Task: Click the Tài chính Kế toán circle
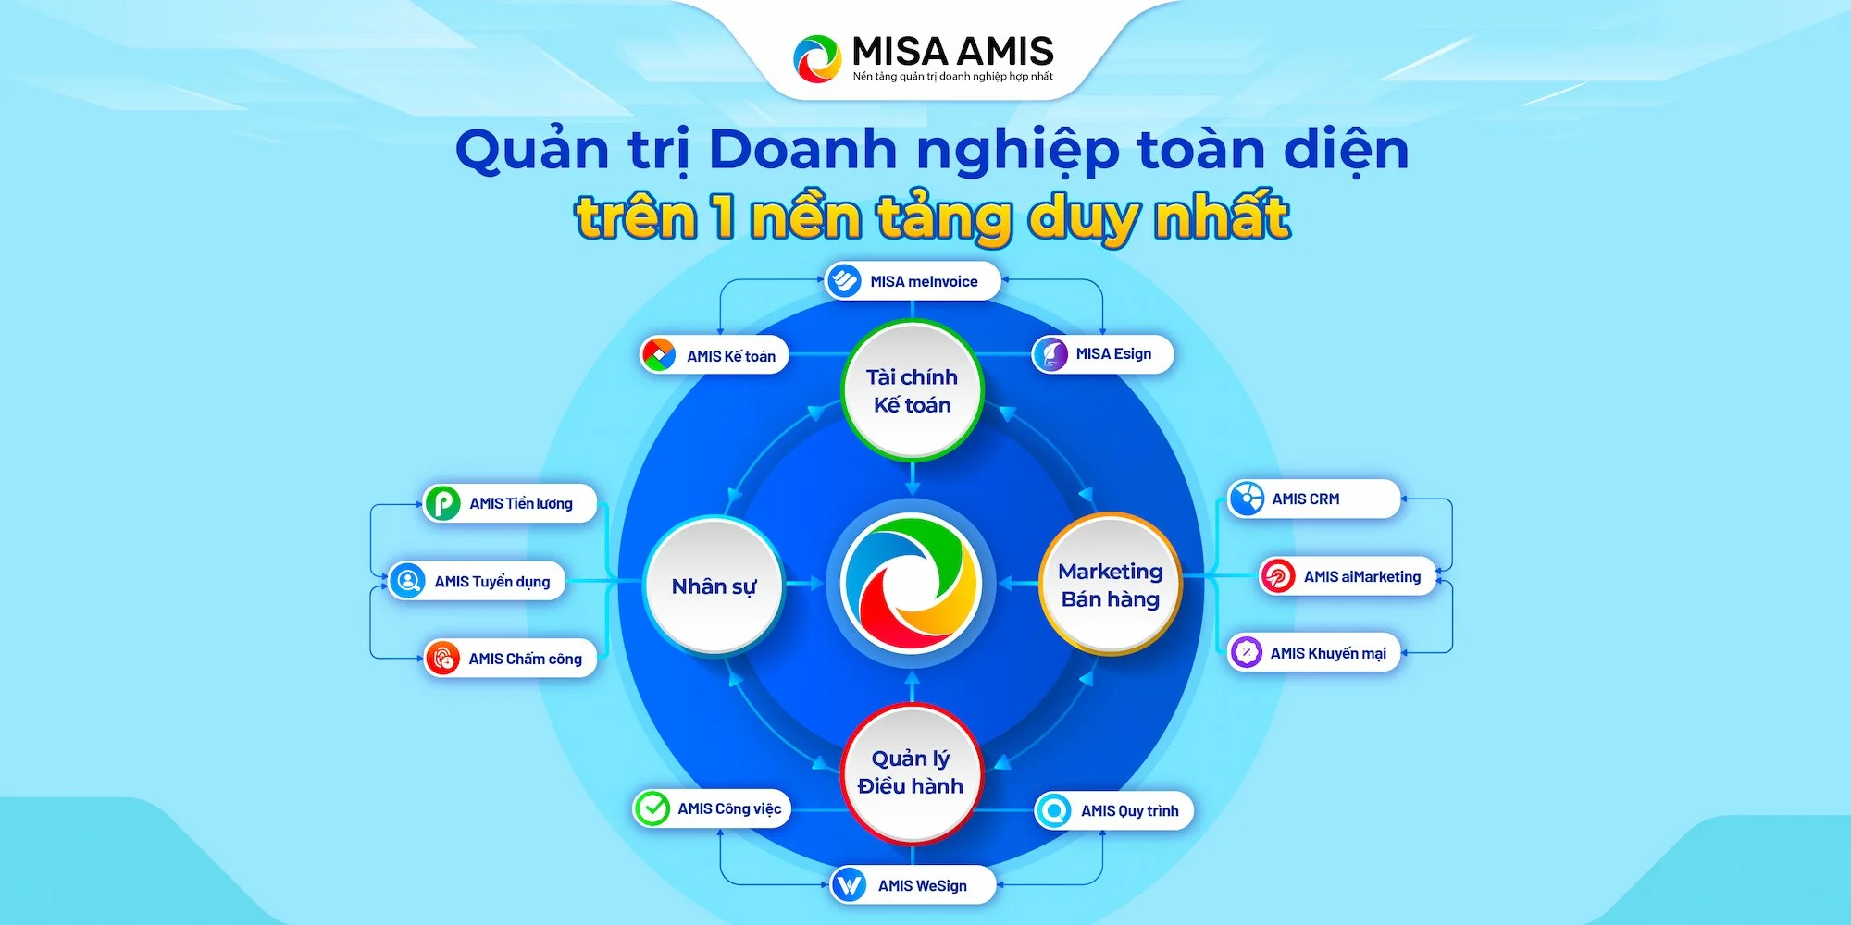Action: pos(912,390)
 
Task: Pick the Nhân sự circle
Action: pos(714,586)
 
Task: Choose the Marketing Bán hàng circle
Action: pos(1110,585)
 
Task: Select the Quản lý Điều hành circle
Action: pos(911,772)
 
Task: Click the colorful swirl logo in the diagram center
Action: pos(912,584)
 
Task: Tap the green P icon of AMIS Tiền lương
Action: pos(442,503)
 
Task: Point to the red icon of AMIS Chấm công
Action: pos(443,659)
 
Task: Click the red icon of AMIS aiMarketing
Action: pos(1278,576)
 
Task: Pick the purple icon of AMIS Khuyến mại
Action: pos(1246,652)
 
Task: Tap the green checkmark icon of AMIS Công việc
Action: pos(652,808)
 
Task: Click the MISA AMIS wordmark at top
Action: pos(952,51)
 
